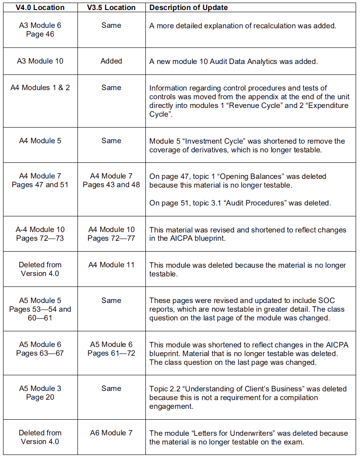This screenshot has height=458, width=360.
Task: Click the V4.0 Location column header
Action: tap(40, 7)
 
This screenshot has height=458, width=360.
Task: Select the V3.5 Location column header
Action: tap(111, 7)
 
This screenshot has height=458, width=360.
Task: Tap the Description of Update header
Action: tap(188, 7)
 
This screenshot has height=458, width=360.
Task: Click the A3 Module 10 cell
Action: tap(40, 61)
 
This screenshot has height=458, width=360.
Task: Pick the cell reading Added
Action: tap(111, 61)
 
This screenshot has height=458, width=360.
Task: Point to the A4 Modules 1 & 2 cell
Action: tap(40, 88)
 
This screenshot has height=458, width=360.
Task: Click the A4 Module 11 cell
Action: tap(111, 265)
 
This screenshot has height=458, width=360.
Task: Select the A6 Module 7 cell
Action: tap(111, 433)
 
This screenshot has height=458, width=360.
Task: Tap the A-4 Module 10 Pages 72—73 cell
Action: tap(40, 234)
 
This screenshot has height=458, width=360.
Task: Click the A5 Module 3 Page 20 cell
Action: tap(40, 393)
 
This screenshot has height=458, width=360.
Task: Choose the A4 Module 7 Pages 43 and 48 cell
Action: tap(111, 180)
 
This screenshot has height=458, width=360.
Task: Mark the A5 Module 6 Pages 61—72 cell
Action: tap(111, 349)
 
